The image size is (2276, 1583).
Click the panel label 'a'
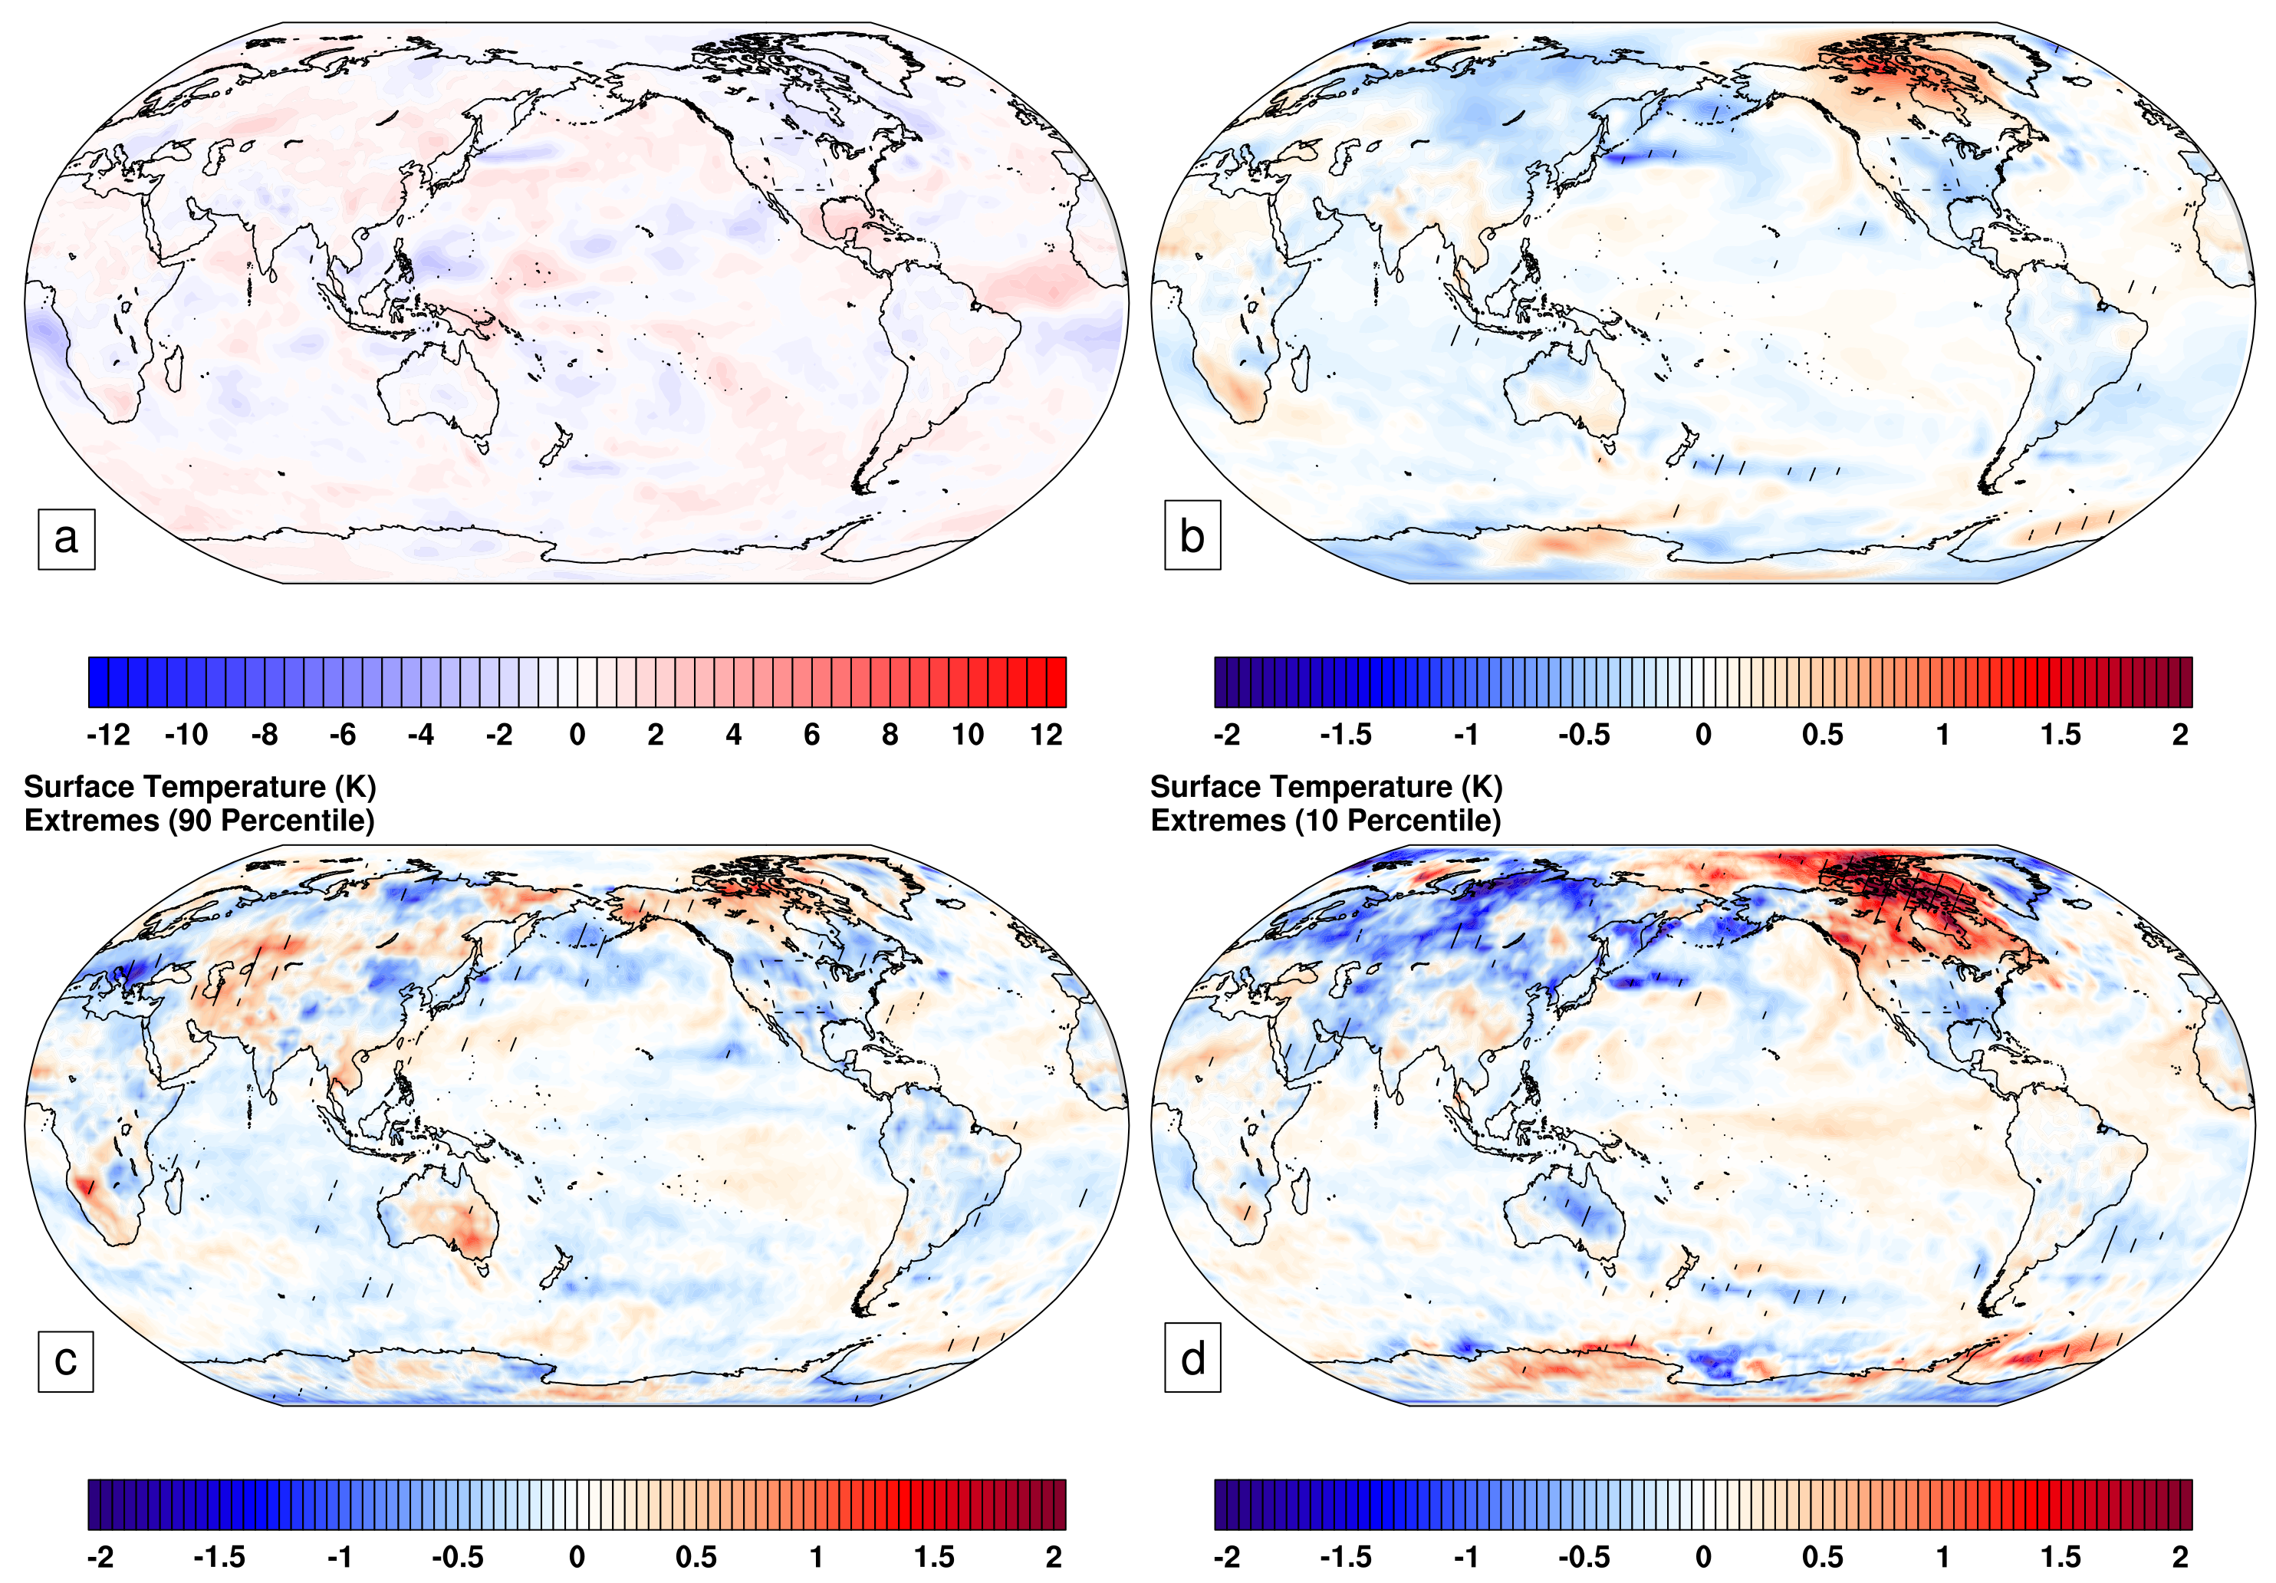click(x=65, y=538)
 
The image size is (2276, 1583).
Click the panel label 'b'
click(x=1192, y=536)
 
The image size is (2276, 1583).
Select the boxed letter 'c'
click(x=65, y=1360)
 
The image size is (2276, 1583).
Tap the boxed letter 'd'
click(x=1192, y=1358)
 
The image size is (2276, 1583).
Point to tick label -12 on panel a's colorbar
click(x=108, y=735)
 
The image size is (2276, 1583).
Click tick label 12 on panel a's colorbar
click(x=1046, y=735)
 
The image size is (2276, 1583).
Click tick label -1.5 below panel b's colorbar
click(x=1345, y=735)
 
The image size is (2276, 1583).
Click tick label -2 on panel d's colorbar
click(x=1226, y=1556)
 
